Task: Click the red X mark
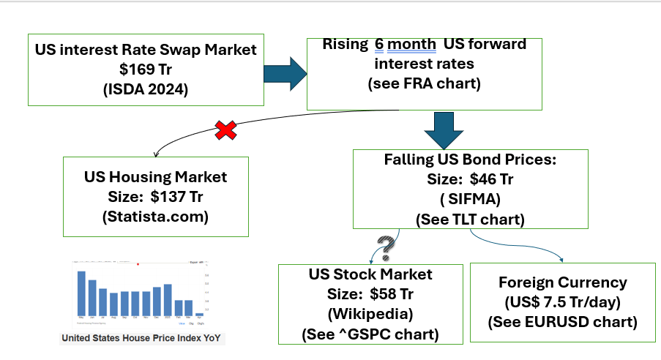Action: [227, 131]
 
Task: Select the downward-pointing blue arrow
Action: [444, 130]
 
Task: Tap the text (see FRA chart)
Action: [424, 83]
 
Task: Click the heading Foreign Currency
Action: [562, 282]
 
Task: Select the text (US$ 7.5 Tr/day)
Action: [562, 302]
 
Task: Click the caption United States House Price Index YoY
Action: [143, 338]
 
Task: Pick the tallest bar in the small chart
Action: [81, 293]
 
